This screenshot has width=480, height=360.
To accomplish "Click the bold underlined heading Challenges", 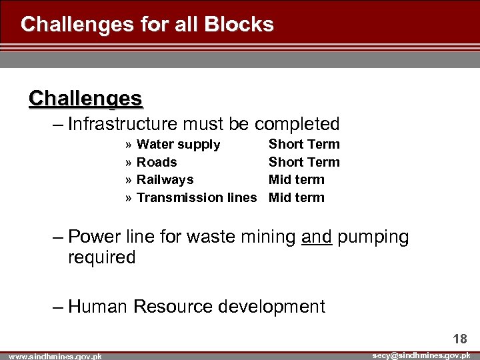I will click(85, 99).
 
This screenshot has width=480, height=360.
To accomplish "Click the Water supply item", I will click(178, 144).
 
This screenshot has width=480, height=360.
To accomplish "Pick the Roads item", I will click(157, 162).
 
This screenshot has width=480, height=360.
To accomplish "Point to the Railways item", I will click(165, 179).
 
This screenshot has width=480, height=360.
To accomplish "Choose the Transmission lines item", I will click(196, 197).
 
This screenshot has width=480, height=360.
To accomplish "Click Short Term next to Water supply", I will click(304, 144).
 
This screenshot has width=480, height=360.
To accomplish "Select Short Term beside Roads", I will click(304, 162).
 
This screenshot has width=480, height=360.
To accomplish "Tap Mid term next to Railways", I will click(296, 179).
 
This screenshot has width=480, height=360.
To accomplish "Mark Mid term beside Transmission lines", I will click(296, 197).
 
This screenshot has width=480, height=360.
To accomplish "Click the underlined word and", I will click(317, 237).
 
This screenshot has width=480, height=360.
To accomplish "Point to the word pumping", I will click(373, 238).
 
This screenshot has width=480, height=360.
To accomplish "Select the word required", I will click(101, 257).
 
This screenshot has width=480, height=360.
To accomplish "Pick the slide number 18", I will click(460, 339).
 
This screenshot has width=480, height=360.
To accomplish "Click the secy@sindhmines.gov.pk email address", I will click(421, 355).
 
